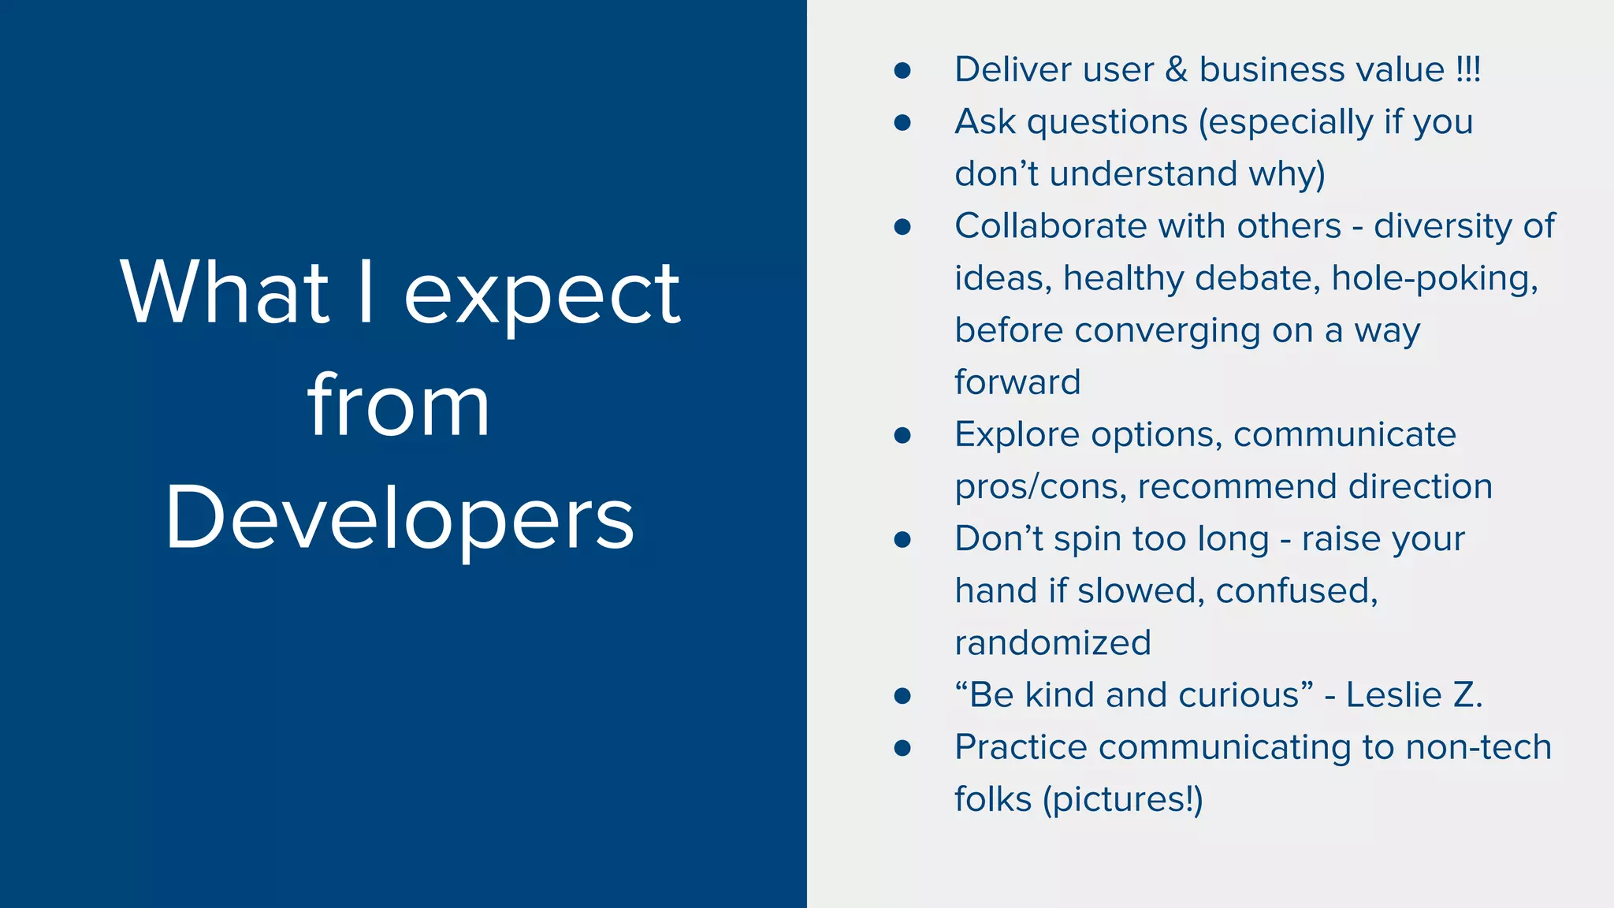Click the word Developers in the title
tap(400, 519)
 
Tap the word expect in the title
tap(542, 293)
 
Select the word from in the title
tap(398, 406)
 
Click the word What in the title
tap(225, 293)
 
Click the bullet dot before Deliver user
tap(902, 71)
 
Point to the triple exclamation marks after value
tap(1468, 69)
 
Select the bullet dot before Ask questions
tap(902, 123)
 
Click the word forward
tap(1017, 382)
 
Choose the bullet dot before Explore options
tap(902, 435)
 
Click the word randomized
tap(1053, 643)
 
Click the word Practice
tap(1021, 747)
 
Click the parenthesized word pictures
tap(1122, 800)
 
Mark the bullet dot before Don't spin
tap(902, 540)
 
